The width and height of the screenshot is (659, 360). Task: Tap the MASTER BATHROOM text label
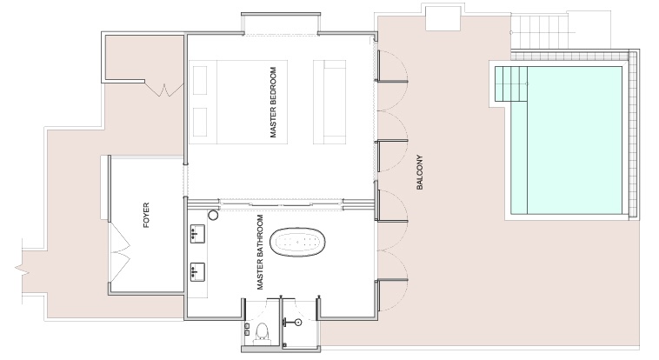[260, 252]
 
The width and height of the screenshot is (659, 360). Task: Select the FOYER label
[146, 216]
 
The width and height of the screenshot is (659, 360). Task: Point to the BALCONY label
[419, 172]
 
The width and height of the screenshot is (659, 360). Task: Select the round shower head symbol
[298, 323]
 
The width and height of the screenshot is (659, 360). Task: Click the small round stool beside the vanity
[213, 216]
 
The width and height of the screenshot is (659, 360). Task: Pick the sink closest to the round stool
[197, 234]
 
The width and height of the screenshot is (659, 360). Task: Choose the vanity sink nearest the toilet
[197, 271]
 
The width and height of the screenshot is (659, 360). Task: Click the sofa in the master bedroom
[329, 103]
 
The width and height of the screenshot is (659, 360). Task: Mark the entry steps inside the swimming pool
[510, 84]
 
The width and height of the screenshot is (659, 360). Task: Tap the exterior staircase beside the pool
[540, 31]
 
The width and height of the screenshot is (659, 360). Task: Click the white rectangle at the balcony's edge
[443, 17]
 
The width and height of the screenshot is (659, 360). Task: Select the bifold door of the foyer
[121, 252]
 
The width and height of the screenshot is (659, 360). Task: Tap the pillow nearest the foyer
[200, 122]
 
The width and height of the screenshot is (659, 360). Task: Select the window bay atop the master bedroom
[280, 24]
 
